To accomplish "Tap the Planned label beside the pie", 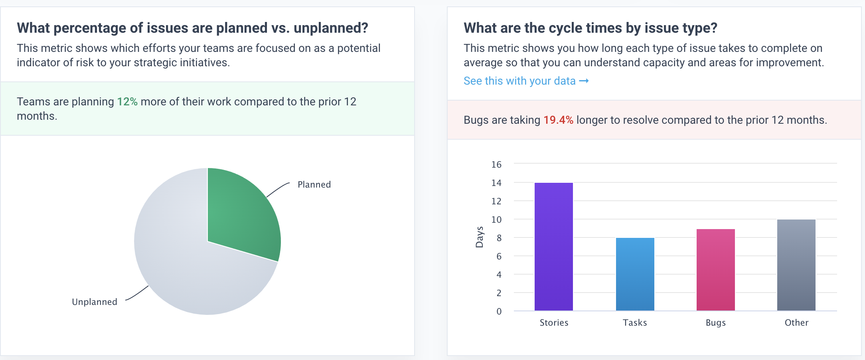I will [x=314, y=184].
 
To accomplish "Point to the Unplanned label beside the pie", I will [x=95, y=302].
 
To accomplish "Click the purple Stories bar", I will [x=553, y=247].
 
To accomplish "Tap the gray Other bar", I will [x=796, y=265].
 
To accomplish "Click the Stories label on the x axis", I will [x=554, y=322].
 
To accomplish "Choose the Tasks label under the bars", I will [x=635, y=322].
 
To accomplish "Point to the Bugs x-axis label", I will [x=715, y=322].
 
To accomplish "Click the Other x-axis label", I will [x=796, y=322].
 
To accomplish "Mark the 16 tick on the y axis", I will [x=496, y=164].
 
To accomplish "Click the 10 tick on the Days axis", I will [x=496, y=220].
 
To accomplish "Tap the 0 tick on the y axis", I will [x=499, y=311].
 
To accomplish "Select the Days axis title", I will [x=479, y=237].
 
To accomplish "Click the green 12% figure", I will [x=127, y=102].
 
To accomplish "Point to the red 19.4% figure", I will [x=558, y=120].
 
